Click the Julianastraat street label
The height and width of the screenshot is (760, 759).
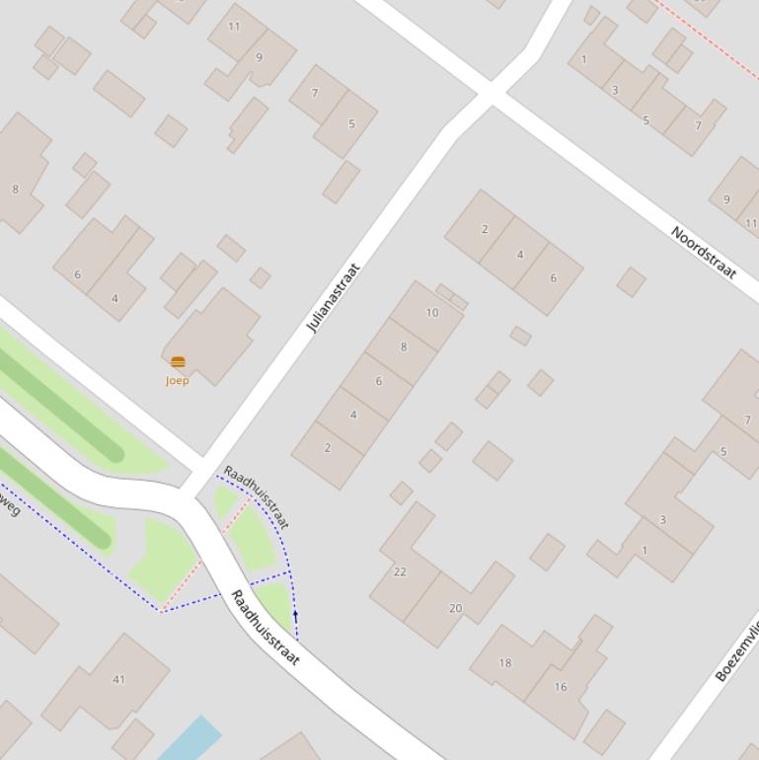pyautogui.click(x=334, y=297)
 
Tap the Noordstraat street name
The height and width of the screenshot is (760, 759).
pyautogui.click(x=704, y=253)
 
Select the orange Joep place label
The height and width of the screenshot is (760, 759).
pyautogui.click(x=178, y=380)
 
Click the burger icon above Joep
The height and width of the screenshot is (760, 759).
pyautogui.click(x=178, y=362)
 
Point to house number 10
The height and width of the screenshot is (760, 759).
pyautogui.click(x=432, y=313)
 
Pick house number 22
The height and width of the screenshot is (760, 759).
pyautogui.click(x=400, y=571)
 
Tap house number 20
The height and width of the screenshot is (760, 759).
pyautogui.click(x=455, y=608)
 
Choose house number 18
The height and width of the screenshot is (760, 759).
pyautogui.click(x=505, y=662)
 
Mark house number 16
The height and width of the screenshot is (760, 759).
pyautogui.click(x=561, y=687)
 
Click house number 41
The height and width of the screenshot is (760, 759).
pyautogui.click(x=119, y=679)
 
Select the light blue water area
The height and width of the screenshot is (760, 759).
pyautogui.click(x=190, y=738)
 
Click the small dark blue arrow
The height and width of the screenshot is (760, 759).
pyautogui.click(x=295, y=617)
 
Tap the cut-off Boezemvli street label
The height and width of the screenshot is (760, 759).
pyautogui.click(x=737, y=652)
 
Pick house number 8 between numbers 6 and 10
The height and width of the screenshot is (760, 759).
pyautogui.click(x=404, y=346)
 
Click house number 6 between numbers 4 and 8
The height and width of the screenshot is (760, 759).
pyautogui.click(x=378, y=381)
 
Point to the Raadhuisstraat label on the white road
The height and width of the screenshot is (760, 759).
pyautogui.click(x=265, y=628)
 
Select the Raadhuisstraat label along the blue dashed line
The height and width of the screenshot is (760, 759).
pyautogui.click(x=257, y=496)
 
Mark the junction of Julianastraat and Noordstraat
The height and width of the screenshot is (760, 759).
pyautogui.click(x=490, y=94)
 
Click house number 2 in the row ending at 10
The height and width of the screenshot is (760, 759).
pyautogui.click(x=328, y=447)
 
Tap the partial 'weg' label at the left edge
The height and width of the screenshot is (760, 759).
pyautogui.click(x=9, y=505)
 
